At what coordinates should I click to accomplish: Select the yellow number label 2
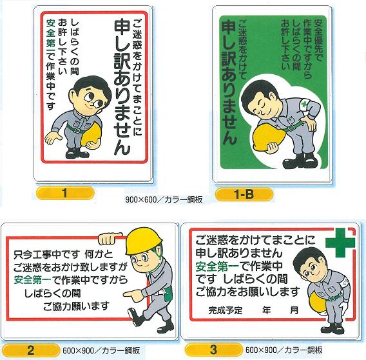pyautogui.click(x=30, y=350)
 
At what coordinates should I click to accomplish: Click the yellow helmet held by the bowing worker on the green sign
pyautogui.click(x=265, y=137)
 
